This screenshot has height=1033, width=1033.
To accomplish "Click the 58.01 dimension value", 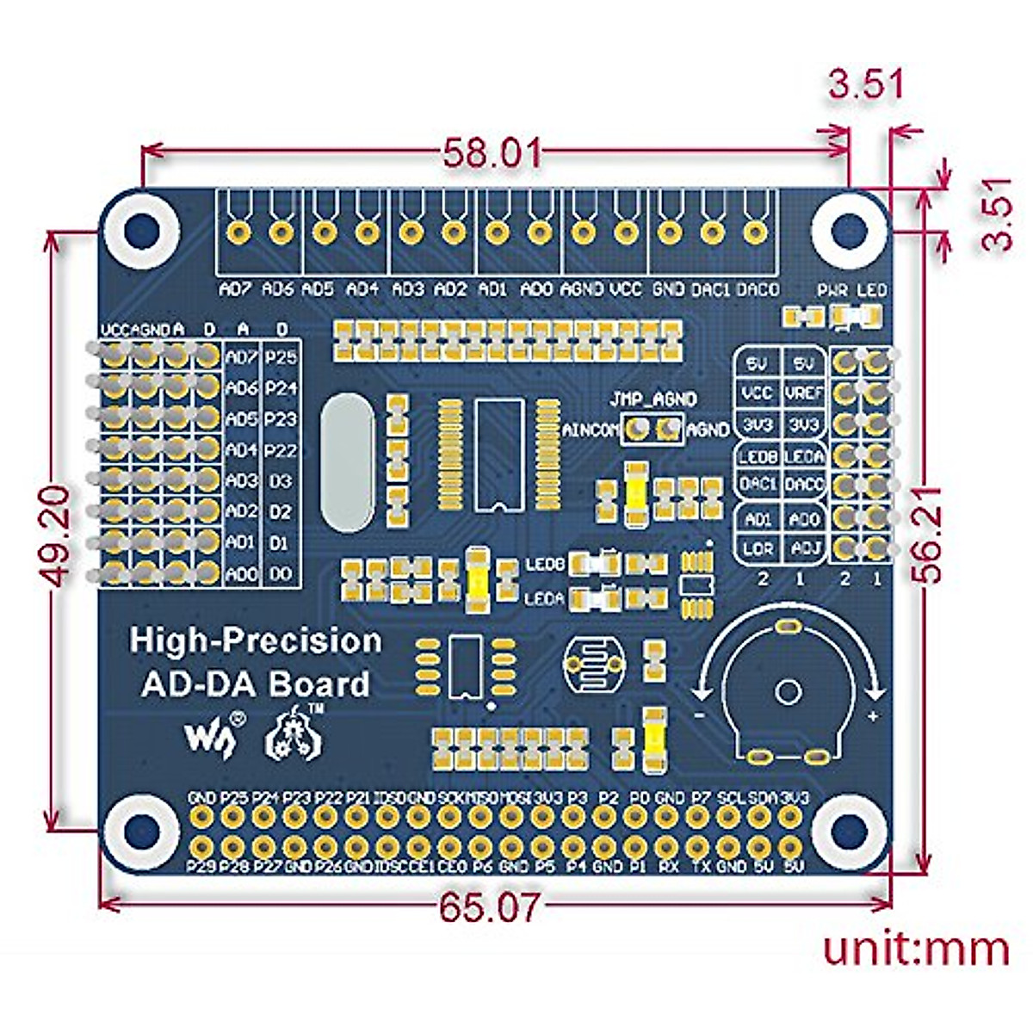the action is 492,153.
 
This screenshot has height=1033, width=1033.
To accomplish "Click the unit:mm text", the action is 916,949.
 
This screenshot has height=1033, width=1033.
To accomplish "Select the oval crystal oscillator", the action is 348,461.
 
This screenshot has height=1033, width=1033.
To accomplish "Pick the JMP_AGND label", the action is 653,399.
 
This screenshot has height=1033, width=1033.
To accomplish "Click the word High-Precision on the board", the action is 256,640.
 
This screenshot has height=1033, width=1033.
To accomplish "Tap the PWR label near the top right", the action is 832,290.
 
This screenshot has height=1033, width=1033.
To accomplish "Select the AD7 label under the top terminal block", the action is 236,289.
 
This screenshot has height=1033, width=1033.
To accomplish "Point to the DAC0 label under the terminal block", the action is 758,289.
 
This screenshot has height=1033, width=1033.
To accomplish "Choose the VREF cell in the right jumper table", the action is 805,393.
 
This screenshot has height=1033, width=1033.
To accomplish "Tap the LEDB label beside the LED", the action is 544,565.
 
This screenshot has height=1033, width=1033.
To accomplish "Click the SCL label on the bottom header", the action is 730,798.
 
